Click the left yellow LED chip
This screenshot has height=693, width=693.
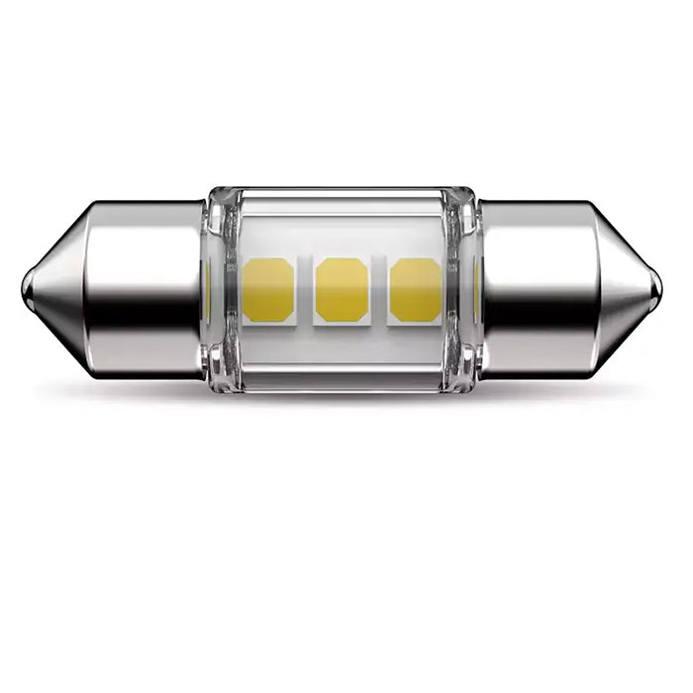(x=268, y=290)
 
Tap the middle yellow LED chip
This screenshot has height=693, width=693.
(x=342, y=290)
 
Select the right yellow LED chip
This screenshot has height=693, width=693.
(x=416, y=290)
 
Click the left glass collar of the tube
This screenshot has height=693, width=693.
(x=220, y=287)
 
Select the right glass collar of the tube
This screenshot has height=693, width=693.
(x=462, y=287)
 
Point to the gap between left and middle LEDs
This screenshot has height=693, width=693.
(x=305, y=290)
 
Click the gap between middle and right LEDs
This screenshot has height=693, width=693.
(x=379, y=290)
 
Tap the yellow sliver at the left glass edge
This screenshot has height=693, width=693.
(x=206, y=290)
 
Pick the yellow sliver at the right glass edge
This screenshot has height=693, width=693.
(x=476, y=290)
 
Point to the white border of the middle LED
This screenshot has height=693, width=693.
(x=342, y=322)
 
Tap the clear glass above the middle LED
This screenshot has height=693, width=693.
(x=342, y=223)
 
